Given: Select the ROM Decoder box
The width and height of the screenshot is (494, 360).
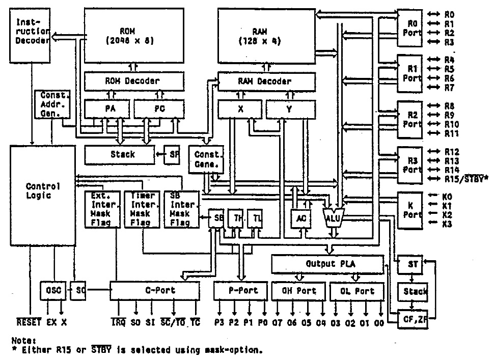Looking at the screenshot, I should (x=133, y=81).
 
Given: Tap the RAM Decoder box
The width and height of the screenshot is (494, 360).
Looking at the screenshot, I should (x=264, y=81).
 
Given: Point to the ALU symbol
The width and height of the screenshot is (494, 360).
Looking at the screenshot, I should (x=334, y=217).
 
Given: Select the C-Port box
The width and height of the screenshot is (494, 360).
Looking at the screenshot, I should (x=155, y=291).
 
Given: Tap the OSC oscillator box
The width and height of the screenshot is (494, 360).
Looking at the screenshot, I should (x=53, y=291).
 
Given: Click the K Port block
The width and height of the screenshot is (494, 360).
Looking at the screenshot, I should (x=409, y=210).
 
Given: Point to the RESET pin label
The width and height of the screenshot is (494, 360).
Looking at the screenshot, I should (x=29, y=323).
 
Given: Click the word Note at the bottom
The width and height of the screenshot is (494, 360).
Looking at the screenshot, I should (x=22, y=340).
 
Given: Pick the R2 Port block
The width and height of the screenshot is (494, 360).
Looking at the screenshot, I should (x=409, y=120).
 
